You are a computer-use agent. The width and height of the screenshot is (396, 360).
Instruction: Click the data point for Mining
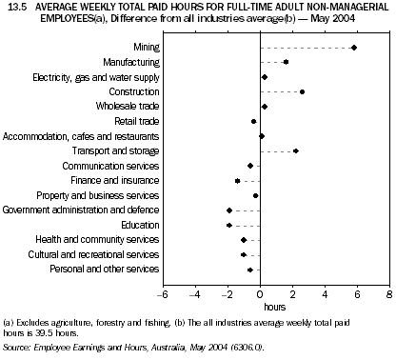click(354, 47)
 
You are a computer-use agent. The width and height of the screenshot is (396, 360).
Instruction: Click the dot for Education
click(229, 225)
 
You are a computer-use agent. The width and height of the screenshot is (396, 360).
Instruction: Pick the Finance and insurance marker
click(238, 180)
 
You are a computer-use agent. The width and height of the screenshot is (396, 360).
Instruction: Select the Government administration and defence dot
click(229, 210)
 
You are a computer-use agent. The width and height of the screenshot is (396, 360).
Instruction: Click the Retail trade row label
click(137, 121)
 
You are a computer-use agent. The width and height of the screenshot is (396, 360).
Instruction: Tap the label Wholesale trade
click(129, 107)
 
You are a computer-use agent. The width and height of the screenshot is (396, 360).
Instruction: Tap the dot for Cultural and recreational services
click(244, 254)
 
